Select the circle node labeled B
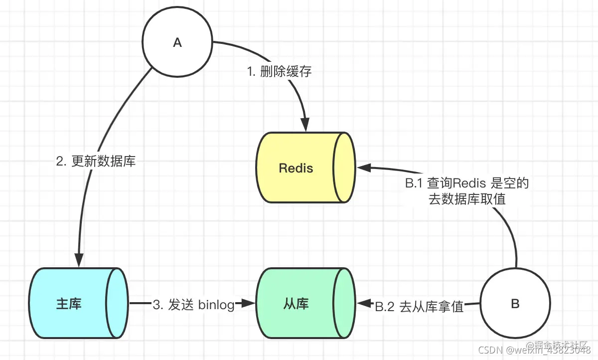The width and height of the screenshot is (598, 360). click(515, 304)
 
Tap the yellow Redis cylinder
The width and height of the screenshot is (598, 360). click(304, 168)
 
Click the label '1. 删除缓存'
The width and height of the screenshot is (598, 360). click(280, 71)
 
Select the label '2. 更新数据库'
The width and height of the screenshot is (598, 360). click(96, 162)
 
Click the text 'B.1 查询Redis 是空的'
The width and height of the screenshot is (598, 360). click(466, 183)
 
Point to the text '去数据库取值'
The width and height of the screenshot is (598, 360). click(467, 199)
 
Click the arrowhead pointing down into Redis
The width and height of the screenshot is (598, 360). click(305, 126)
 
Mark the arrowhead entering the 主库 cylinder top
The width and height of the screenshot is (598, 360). click(78, 261)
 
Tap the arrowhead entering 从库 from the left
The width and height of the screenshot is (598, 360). click(248, 303)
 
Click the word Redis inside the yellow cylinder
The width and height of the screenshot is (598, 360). click(296, 168)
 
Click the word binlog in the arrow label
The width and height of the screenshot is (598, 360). click(216, 306)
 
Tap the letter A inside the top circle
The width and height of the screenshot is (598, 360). click(177, 43)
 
